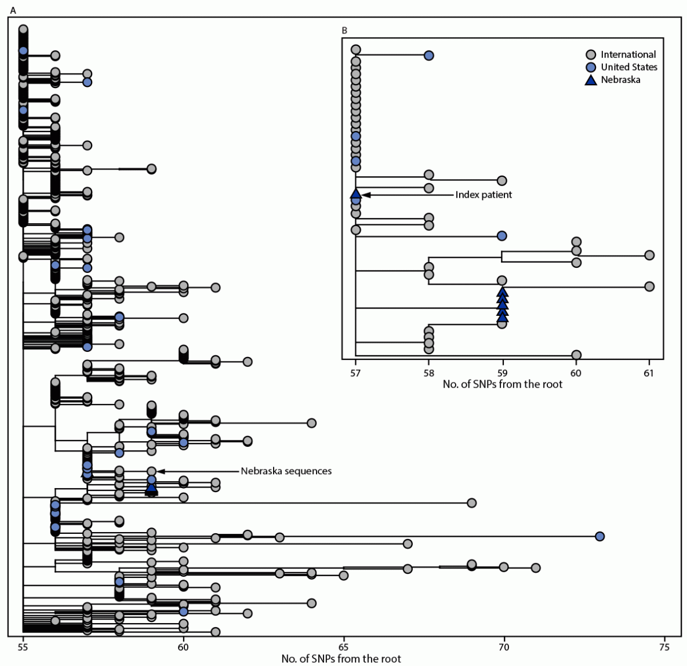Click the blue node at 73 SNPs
pyautogui.click(x=599, y=536)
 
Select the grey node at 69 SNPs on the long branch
pyautogui.click(x=471, y=503)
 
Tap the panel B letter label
pyautogui.click(x=344, y=30)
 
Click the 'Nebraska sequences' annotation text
pyautogui.click(x=286, y=471)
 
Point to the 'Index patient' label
pyautogui.click(x=484, y=195)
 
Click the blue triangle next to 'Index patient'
pyautogui.click(x=356, y=194)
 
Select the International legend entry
pyautogui.click(x=628, y=54)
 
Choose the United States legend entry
pyautogui.click(x=628, y=67)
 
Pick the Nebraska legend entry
pyautogui.click(x=620, y=80)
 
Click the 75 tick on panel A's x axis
pyautogui.click(x=664, y=647)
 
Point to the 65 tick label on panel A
pyautogui.click(x=344, y=647)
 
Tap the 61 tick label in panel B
pyautogui.click(x=649, y=373)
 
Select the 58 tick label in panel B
pyautogui.click(x=428, y=373)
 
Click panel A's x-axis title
pyautogui.click(x=341, y=658)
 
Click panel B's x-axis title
pyautogui.click(x=502, y=384)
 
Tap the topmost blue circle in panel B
pyautogui.click(x=428, y=56)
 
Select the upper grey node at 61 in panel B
pyautogui.click(x=649, y=255)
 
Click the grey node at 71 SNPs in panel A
pyautogui.click(x=536, y=567)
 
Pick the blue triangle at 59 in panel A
pyautogui.click(x=151, y=489)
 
